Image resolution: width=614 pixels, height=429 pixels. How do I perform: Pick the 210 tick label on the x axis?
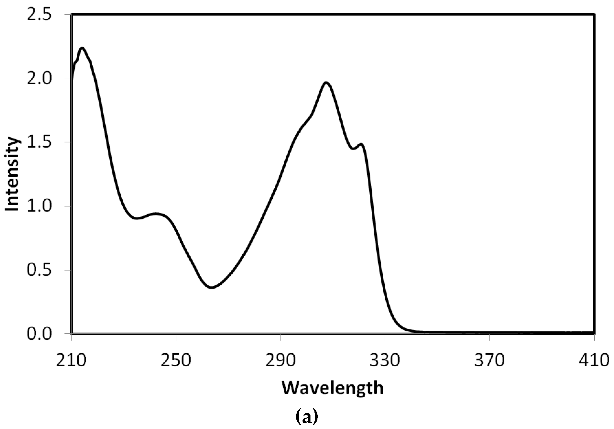click(x=71, y=360)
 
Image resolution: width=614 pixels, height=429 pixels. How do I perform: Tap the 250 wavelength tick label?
click(x=176, y=360)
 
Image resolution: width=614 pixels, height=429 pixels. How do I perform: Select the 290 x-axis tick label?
click(x=281, y=360)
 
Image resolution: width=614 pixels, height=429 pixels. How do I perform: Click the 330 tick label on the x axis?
click(x=385, y=360)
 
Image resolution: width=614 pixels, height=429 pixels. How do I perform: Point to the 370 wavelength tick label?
click(x=490, y=360)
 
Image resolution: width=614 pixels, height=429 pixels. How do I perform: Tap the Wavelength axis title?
click(x=333, y=388)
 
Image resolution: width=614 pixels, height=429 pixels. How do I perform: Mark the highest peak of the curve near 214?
click(x=82, y=49)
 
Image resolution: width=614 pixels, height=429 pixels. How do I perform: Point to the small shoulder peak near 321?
click(x=361, y=144)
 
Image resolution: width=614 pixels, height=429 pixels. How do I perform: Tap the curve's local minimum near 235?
click(x=136, y=218)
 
